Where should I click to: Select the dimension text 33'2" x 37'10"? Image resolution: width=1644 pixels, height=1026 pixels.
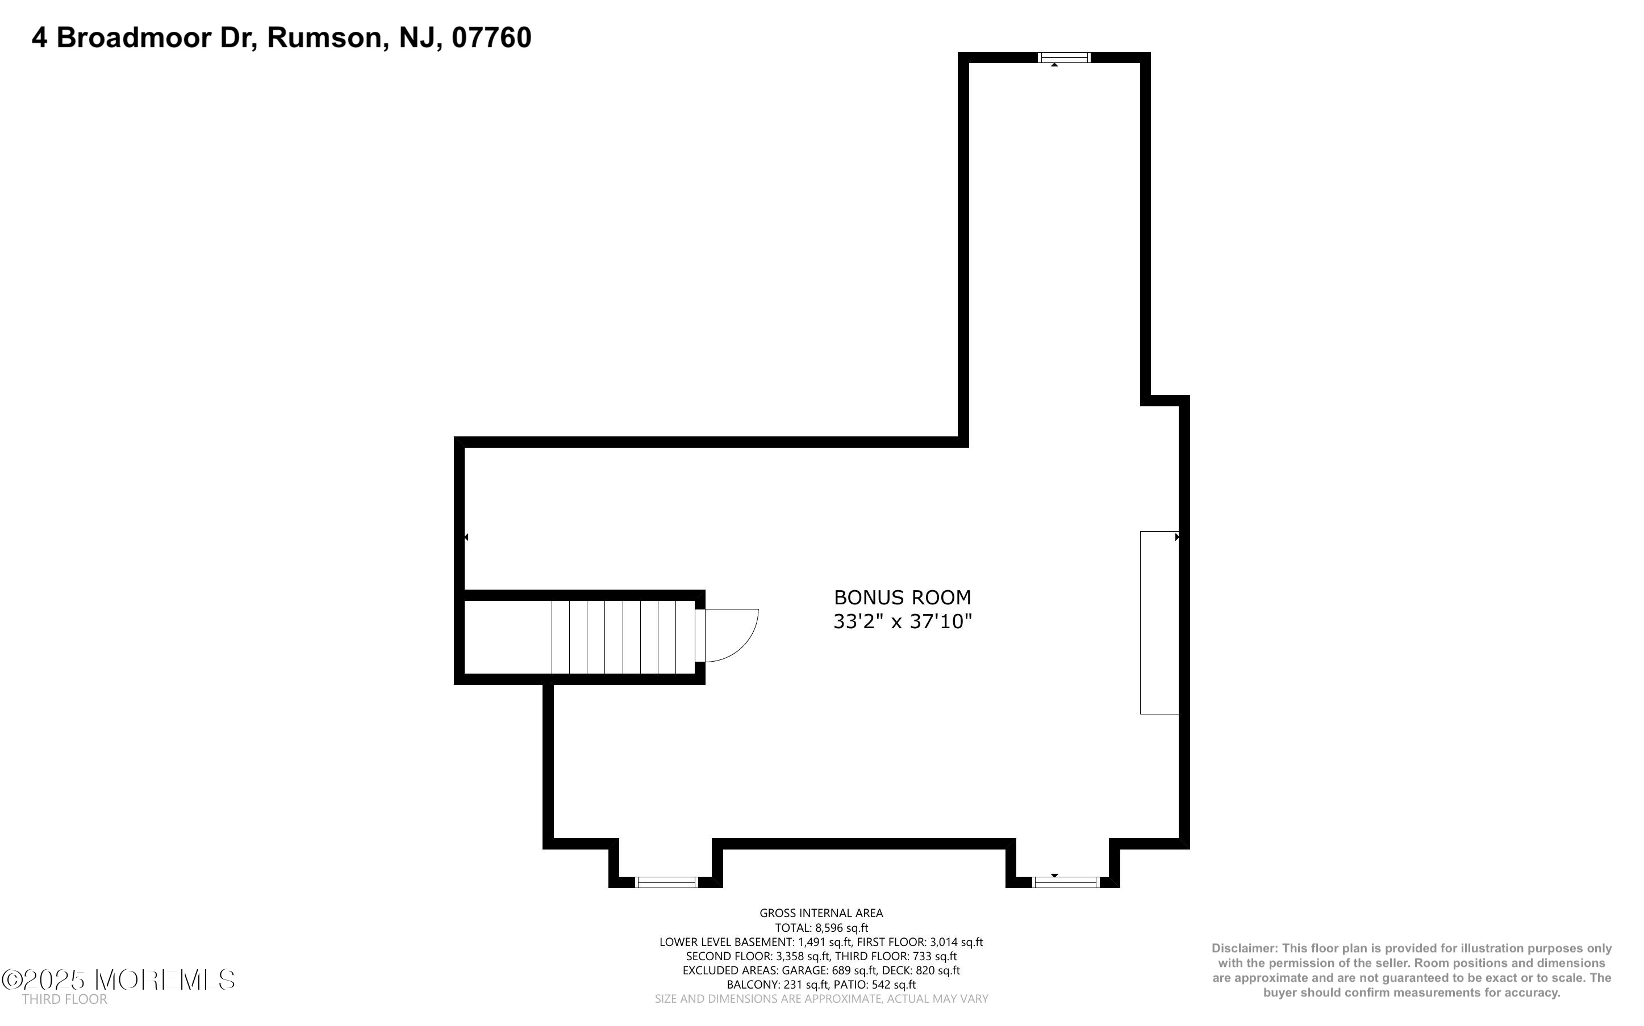pos(903,621)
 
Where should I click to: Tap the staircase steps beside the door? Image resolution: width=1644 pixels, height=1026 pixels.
pos(622,637)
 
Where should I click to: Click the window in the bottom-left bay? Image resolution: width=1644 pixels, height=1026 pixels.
pos(666,882)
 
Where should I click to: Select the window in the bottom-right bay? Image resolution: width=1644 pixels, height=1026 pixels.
pos(1065,882)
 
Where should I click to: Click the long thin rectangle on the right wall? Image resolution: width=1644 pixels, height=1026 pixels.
pos(1158,623)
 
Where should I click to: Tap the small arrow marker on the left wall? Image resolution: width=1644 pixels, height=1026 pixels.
pos(466,537)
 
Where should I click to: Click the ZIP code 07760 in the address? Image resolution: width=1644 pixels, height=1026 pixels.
pos(491,37)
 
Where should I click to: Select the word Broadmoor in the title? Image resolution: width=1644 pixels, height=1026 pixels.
pos(133,37)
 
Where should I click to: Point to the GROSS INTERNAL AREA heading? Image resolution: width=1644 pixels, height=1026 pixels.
pos(821,914)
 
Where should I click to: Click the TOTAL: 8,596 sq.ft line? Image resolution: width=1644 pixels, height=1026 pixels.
pos(821,928)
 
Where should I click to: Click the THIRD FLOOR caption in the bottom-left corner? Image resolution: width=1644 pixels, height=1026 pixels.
pos(65,999)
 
